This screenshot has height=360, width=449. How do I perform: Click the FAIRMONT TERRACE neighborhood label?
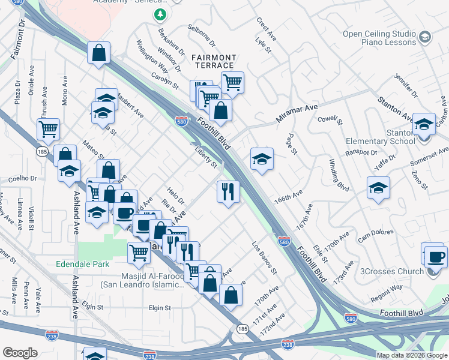213,61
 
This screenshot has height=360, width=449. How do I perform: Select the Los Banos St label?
264,259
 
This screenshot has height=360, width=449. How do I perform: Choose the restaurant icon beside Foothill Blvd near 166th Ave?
228,192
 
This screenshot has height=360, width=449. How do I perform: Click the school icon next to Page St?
262,159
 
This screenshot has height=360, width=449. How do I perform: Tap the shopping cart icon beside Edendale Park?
139,253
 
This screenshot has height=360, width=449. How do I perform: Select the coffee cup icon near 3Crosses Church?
436,257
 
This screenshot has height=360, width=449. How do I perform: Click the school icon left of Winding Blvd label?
378,188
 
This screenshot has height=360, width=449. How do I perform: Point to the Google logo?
20,353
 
